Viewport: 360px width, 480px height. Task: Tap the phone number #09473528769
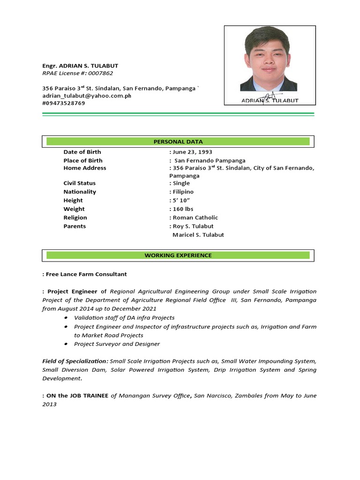pyautogui.click(x=64, y=103)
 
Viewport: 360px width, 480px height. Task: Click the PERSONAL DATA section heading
pyautogui.click(x=178, y=142)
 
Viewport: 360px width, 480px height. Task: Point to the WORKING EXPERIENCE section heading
pyautogui.click(x=178, y=255)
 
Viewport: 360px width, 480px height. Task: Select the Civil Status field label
pyautogui.click(x=80, y=183)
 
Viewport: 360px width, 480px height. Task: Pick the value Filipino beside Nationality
pyautogui.click(x=183, y=192)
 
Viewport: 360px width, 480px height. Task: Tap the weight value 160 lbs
pyautogui.click(x=183, y=209)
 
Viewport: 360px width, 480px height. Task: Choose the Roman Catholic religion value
pyautogui.click(x=195, y=217)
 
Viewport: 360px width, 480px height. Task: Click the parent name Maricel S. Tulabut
pyautogui.click(x=198, y=235)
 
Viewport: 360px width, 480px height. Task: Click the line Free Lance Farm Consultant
pyautogui.click(x=86, y=274)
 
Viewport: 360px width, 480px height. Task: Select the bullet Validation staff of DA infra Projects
pyautogui.click(x=124, y=318)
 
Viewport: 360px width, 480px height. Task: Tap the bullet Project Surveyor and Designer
pyautogui.click(x=117, y=344)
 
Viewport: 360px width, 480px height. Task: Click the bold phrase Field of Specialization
pyautogui.click(x=75, y=361)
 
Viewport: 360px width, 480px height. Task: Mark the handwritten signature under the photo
pyautogui.click(x=272, y=96)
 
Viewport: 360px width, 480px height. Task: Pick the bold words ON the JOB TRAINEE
pyautogui.click(x=77, y=396)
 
